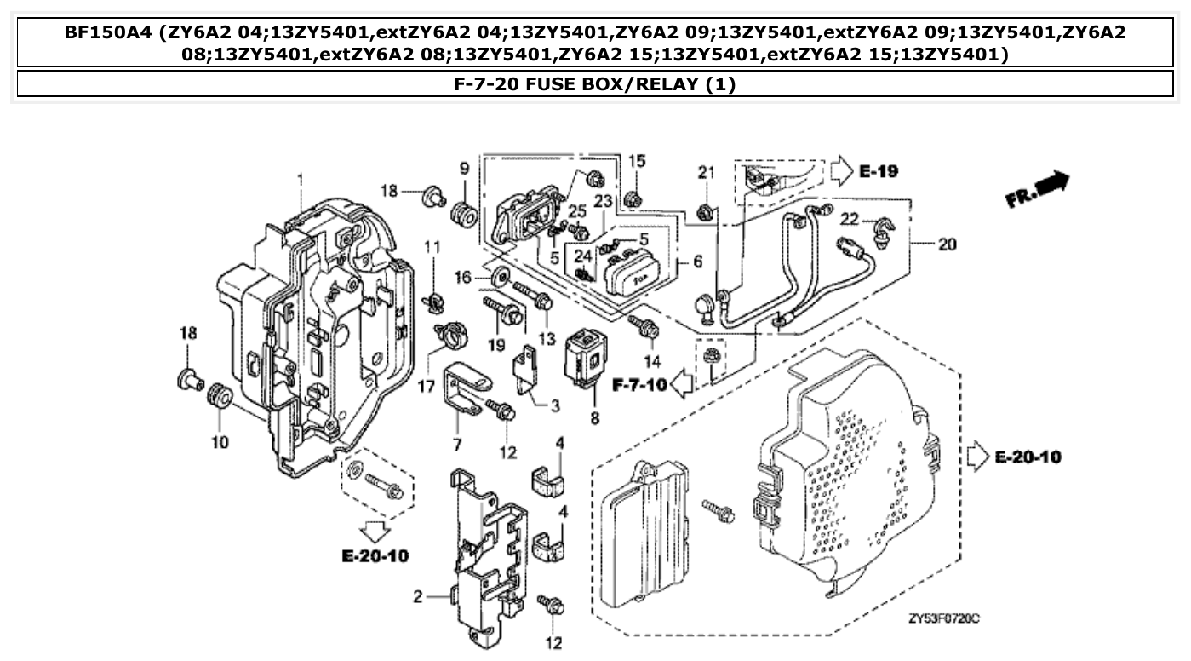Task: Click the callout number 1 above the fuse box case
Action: [300, 179]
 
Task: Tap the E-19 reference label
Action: [878, 171]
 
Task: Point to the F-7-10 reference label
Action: [639, 384]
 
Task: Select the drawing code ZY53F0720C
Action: [943, 618]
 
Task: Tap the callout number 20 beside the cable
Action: [948, 244]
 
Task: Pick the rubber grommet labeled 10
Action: [220, 399]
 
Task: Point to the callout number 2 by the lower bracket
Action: [418, 597]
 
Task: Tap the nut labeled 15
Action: [633, 200]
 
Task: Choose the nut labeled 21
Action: [705, 212]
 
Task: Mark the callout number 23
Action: [604, 202]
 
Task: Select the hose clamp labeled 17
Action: [449, 333]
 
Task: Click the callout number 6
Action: [697, 262]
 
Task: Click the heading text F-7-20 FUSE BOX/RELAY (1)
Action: [595, 84]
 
